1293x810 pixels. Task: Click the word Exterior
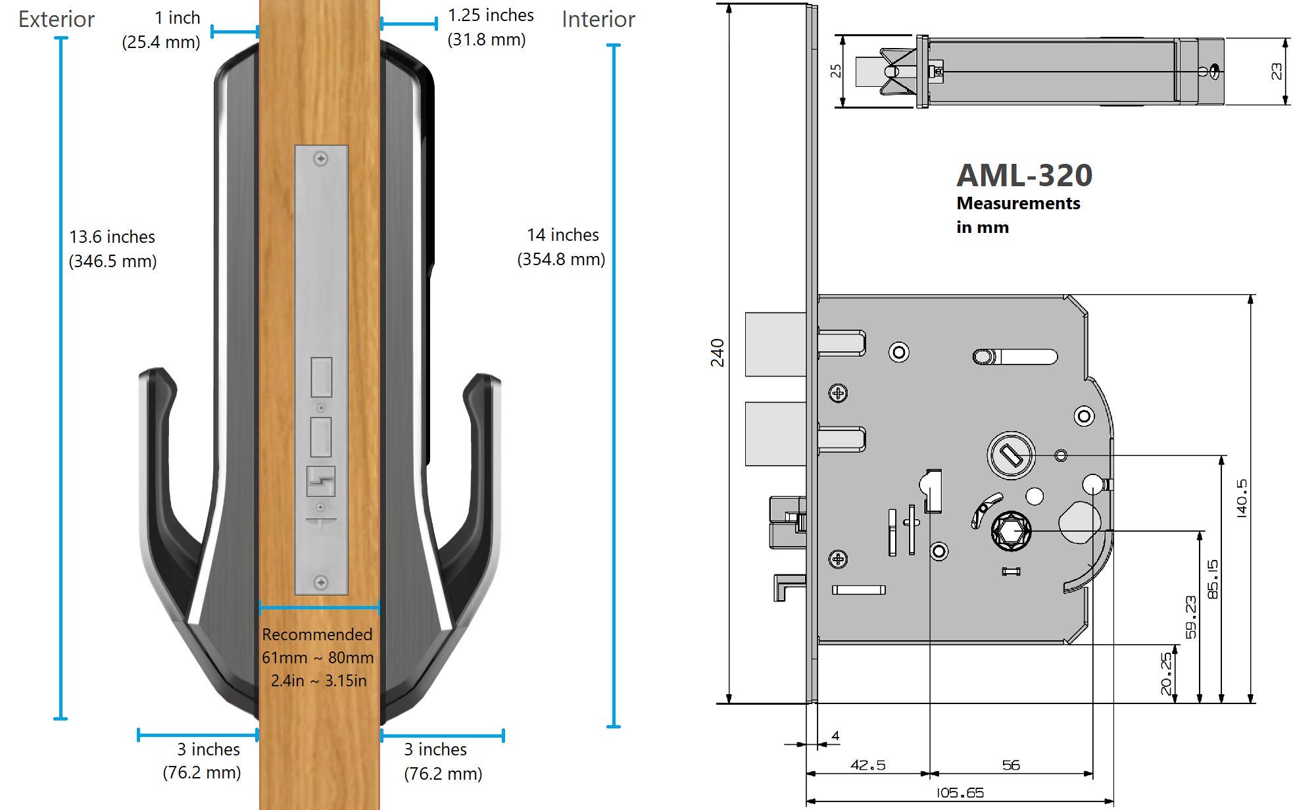pos(57,20)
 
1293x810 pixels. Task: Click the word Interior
pos(598,20)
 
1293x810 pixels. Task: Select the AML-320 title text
pos(1024,175)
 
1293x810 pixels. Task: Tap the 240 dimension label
pos(717,353)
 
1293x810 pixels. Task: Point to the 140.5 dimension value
pos(1241,498)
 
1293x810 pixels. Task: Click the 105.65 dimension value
pos(960,793)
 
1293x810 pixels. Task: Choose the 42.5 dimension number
pos(867,765)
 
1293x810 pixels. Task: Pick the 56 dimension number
pos(1011,765)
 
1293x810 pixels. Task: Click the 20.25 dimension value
pos(1165,673)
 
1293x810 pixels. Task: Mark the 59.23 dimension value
pos(1190,617)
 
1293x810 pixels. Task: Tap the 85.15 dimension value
pos(1213,579)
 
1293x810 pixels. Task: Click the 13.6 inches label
pos(112,237)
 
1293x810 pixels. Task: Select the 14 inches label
pos(562,235)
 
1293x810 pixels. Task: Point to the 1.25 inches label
pos(491,15)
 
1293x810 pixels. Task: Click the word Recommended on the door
pos(317,634)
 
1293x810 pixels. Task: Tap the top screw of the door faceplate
pos(321,159)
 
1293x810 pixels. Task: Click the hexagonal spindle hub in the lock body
pos(1011,530)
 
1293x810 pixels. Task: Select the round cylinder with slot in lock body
pos(1011,455)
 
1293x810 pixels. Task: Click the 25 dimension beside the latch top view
pos(836,70)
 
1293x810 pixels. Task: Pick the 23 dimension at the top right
pos(1276,71)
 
